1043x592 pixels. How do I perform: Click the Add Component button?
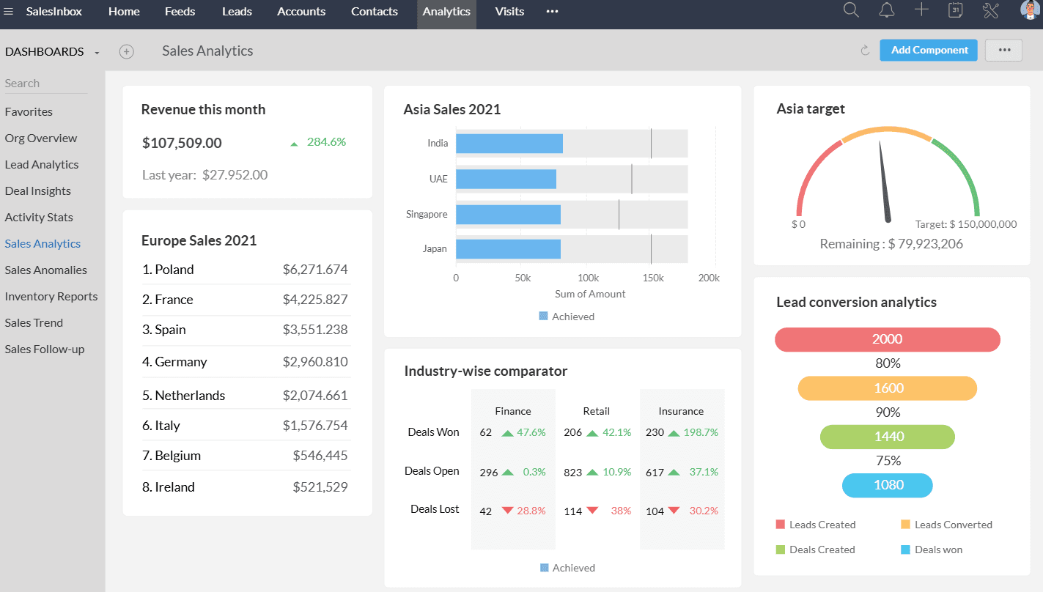coord(929,50)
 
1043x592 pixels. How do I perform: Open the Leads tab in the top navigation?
coord(237,12)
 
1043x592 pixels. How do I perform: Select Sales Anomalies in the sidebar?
coord(45,270)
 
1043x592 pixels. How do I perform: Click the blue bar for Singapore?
coord(508,215)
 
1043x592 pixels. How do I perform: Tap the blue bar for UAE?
coord(506,179)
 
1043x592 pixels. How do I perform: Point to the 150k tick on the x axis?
coord(652,278)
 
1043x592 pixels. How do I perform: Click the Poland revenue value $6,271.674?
coord(315,270)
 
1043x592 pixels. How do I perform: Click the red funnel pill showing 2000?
coord(887,339)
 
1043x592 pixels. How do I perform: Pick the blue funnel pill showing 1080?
coord(887,485)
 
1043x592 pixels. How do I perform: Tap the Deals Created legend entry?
coord(822,550)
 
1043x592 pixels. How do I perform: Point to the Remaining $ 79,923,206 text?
coord(891,244)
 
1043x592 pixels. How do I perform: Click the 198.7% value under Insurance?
coord(700,432)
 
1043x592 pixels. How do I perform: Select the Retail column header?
coord(596,411)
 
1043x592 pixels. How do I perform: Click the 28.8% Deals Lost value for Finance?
coord(531,511)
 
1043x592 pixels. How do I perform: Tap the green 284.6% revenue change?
coord(326,142)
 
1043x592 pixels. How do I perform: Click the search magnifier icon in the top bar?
coord(851,10)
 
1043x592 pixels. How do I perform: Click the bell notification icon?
coord(887,10)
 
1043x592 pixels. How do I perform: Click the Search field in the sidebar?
coord(45,84)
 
